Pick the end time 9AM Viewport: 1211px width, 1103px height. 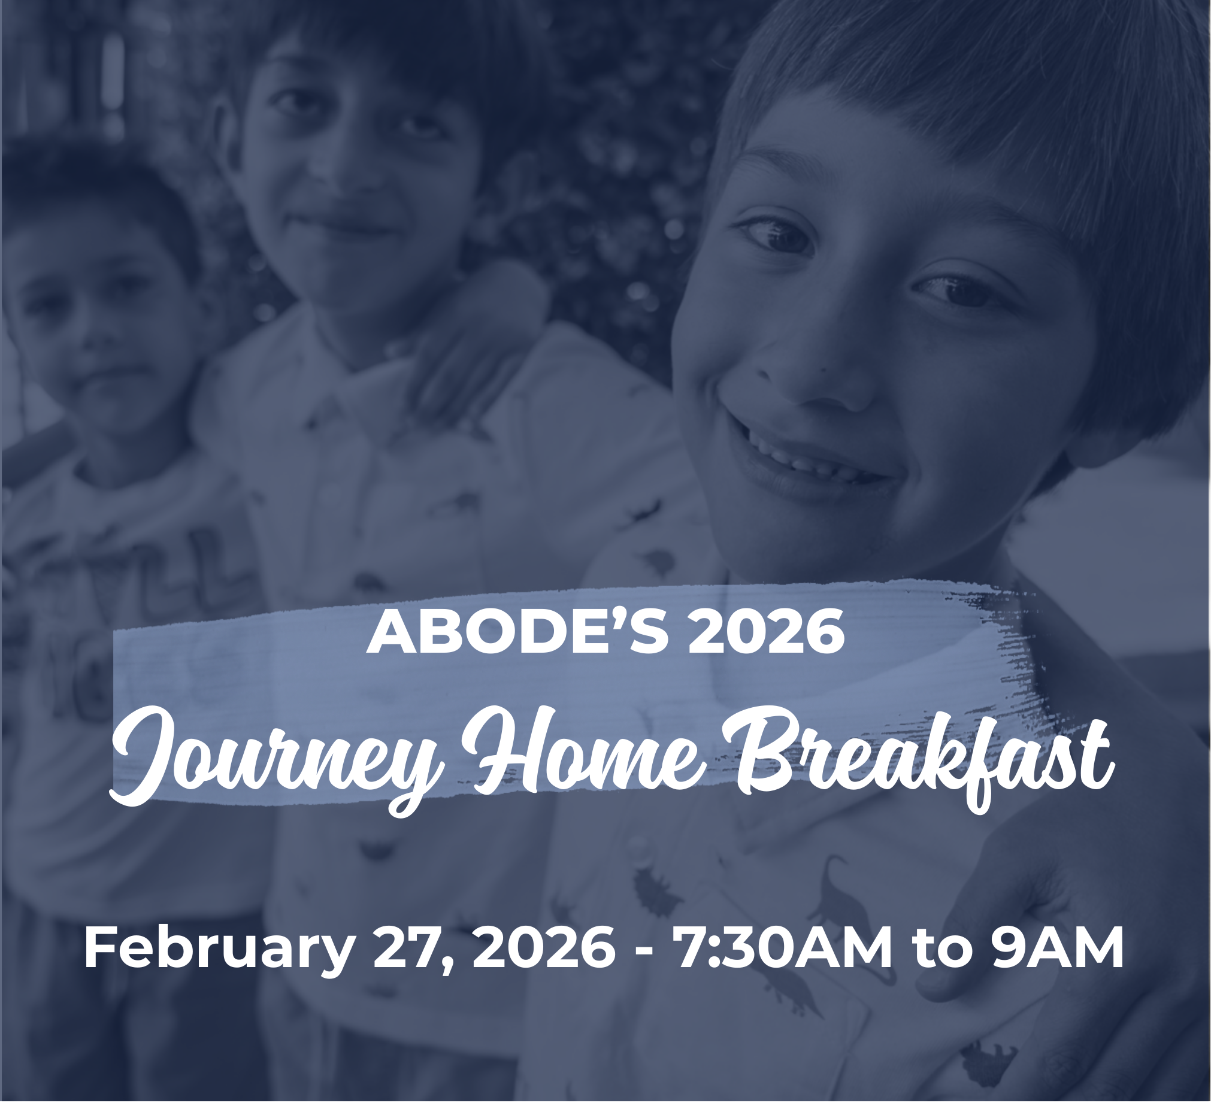click(x=1057, y=949)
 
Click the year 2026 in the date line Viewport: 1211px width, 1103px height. click(x=544, y=949)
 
